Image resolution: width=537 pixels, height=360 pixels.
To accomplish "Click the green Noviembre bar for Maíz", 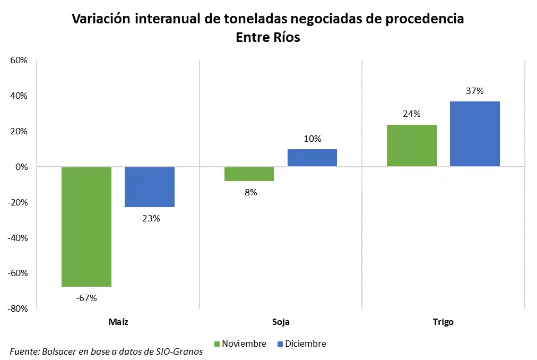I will pyautogui.click(x=86, y=227).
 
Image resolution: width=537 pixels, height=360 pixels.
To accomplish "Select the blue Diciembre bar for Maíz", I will pyautogui.click(x=150, y=187).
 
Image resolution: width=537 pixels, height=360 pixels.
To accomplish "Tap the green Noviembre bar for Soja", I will pyautogui.click(x=249, y=174).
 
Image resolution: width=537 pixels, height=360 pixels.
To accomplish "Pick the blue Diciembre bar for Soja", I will pyautogui.click(x=312, y=158).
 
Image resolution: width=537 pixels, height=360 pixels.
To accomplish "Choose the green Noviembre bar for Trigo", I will pyautogui.click(x=412, y=145).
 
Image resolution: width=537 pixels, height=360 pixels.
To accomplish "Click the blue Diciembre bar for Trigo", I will pyautogui.click(x=475, y=134).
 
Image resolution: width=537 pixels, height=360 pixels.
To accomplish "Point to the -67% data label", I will pyautogui.click(x=86, y=298).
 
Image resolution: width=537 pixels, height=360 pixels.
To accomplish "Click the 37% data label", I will pyautogui.click(x=475, y=91).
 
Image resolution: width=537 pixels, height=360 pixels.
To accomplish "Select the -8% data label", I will pyautogui.click(x=249, y=192).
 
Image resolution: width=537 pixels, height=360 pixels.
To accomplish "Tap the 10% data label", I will pyautogui.click(x=312, y=139).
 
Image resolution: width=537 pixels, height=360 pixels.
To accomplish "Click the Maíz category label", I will pyautogui.click(x=118, y=322).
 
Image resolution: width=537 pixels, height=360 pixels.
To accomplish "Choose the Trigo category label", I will pyautogui.click(x=443, y=322).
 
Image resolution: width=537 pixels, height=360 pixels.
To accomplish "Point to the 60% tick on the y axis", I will pyautogui.click(x=19, y=61).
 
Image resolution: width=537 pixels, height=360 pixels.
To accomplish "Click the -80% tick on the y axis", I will pyautogui.click(x=18, y=308).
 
